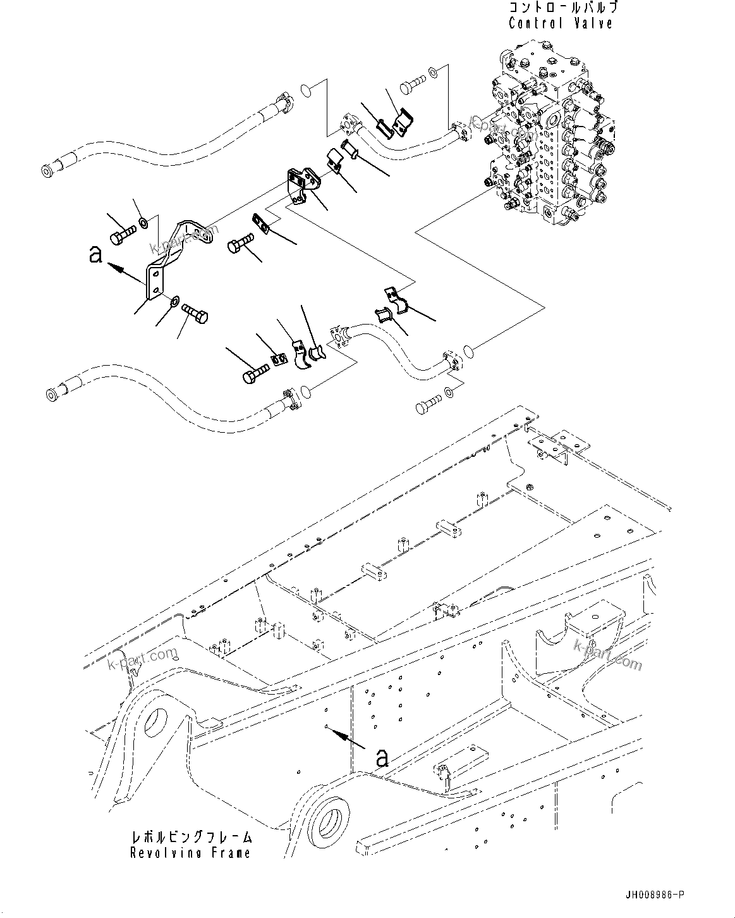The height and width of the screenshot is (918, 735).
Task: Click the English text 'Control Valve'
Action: point(561,23)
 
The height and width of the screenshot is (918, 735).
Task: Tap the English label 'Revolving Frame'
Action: point(190,852)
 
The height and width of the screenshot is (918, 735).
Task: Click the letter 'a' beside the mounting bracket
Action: point(95,254)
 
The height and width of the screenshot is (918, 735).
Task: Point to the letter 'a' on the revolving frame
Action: point(382,757)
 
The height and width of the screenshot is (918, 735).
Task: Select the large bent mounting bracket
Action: point(174,256)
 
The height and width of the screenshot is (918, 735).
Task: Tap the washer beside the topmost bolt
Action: point(433,71)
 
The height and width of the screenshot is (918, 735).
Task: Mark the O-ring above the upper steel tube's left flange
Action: point(305,90)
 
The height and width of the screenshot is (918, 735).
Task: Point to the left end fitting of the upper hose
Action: point(48,171)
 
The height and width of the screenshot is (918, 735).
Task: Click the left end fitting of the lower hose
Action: point(51,395)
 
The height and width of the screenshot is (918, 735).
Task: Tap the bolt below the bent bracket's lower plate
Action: point(196,313)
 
